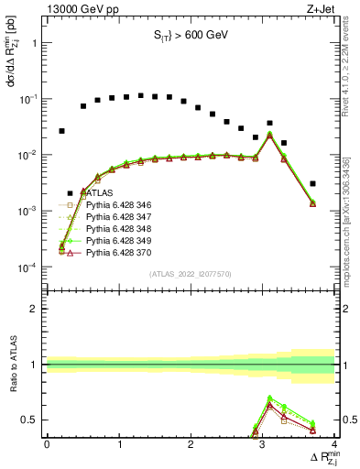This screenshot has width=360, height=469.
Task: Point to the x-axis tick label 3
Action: pyautogui.click(x=263, y=445)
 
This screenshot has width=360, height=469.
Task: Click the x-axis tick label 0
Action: pyautogui.click(x=47, y=445)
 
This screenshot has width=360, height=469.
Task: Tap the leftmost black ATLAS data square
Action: pyautogui.click(x=61, y=131)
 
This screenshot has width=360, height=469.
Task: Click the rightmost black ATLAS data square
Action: pyautogui.click(x=312, y=183)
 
